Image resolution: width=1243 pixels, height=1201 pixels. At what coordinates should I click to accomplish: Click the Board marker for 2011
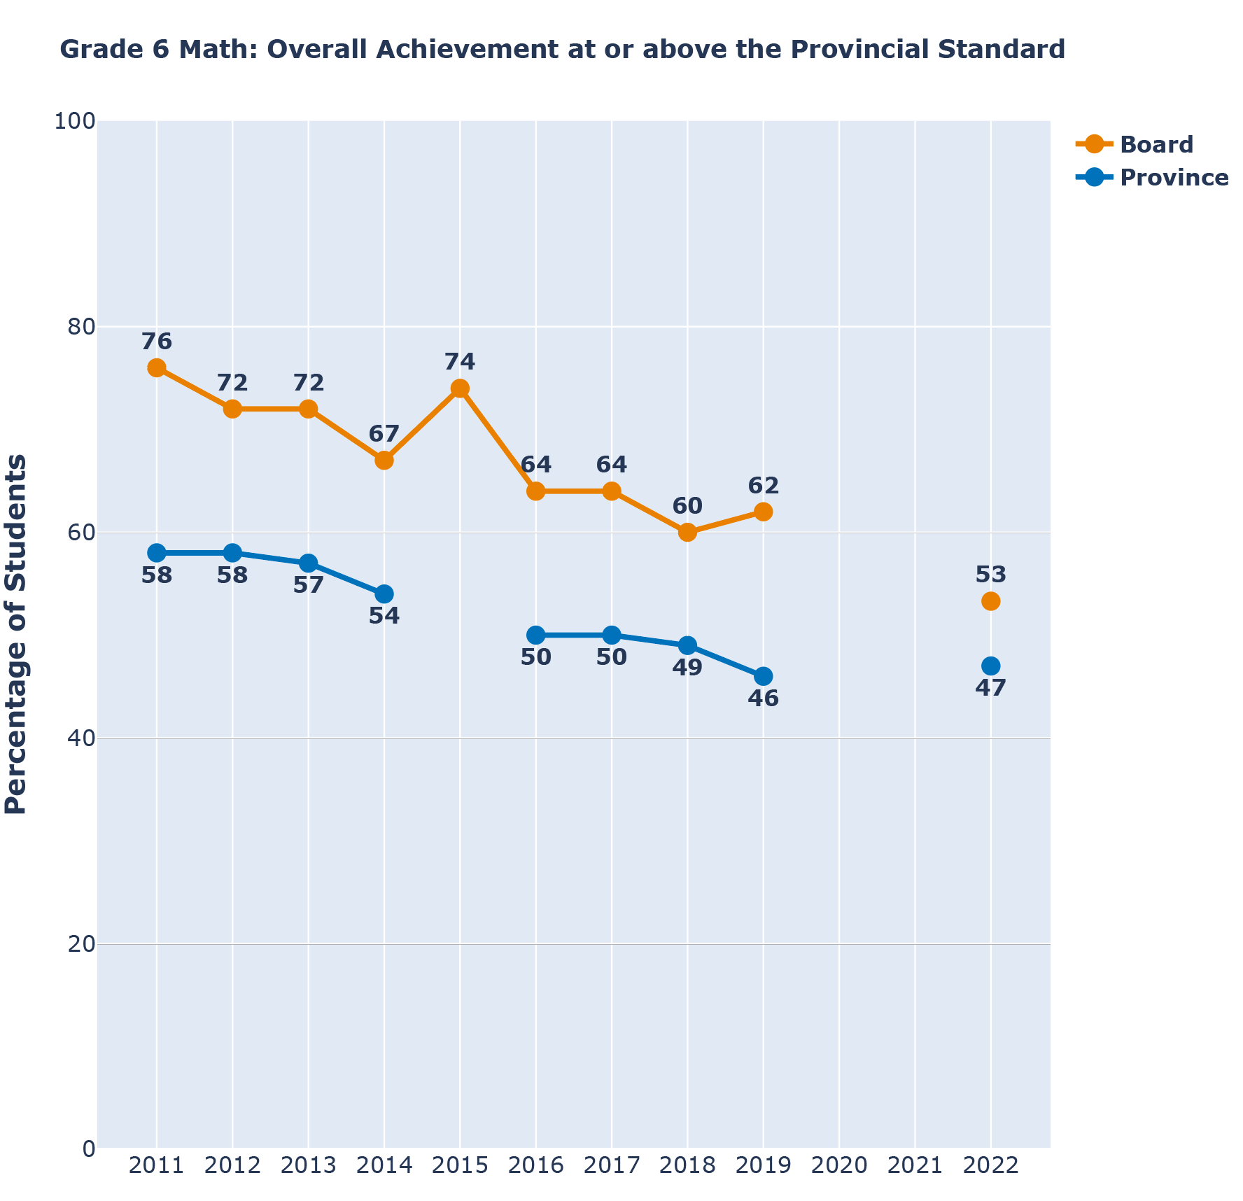pos(157,368)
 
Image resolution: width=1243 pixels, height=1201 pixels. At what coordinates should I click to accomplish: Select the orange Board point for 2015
pos(460,388)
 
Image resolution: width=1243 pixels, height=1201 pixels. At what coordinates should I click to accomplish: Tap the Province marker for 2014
pos(384,594)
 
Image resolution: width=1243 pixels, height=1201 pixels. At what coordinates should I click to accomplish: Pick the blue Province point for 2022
pos(990,666)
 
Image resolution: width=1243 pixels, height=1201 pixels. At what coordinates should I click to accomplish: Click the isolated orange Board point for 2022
pos(990,601)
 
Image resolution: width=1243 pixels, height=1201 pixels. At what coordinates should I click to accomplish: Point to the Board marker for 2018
pos(687,533)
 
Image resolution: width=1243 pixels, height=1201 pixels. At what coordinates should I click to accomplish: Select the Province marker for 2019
pos(764,676)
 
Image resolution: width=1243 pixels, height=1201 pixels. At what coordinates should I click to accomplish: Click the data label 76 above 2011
pos(157,342)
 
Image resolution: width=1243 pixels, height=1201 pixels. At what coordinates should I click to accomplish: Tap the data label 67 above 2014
pos(384,434)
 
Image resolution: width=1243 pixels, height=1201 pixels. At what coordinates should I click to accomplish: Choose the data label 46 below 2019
pos(764,698)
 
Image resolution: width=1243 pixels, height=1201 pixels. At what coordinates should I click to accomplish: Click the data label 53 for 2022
pos(990,575)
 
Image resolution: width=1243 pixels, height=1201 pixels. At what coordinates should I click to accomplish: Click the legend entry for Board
pos(1156,145)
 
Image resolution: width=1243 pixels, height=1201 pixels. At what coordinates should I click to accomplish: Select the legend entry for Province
pos(1174,178)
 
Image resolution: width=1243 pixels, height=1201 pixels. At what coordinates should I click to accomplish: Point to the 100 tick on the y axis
pos(74,121)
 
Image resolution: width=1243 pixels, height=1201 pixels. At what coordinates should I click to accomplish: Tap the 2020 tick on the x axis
pos(838,1165)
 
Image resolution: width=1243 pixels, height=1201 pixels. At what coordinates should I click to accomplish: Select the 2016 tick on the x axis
pos(535,1165)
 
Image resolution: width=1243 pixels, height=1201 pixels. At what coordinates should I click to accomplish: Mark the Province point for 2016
pos(535,635)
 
